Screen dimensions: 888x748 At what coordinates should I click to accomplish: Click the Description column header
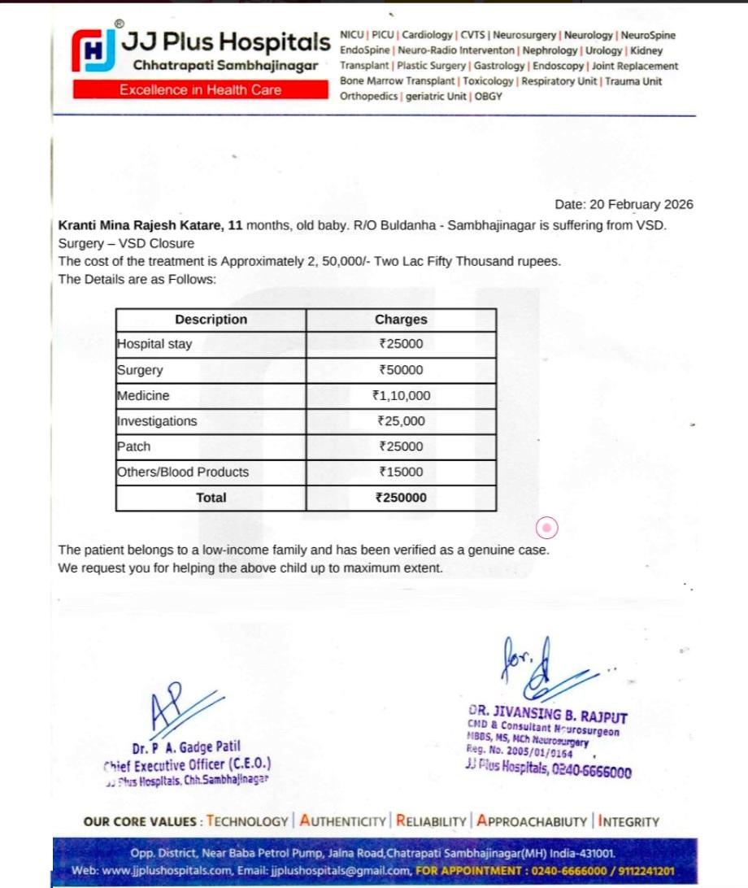pos(211,320)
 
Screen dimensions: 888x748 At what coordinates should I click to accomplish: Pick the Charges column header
pos(401,320)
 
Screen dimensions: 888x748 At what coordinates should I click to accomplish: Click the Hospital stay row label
pos(154,344)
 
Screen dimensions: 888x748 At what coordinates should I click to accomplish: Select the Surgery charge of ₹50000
pos(401,370)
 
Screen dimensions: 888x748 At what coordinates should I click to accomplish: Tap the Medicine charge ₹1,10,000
pos(401,396)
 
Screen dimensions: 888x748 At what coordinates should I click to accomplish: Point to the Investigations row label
pos(157,421)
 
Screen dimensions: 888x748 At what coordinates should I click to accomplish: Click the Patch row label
pos(134,446)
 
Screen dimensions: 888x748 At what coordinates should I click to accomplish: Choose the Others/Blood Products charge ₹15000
pos(401,472)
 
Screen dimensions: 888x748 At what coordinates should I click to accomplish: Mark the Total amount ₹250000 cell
pos(401,498)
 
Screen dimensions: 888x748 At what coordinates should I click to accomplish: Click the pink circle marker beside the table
pos(548,529)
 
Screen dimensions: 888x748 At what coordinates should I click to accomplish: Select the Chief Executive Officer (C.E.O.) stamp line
pos(187,764)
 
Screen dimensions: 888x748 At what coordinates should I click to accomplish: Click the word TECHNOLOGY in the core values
pos(247,821)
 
